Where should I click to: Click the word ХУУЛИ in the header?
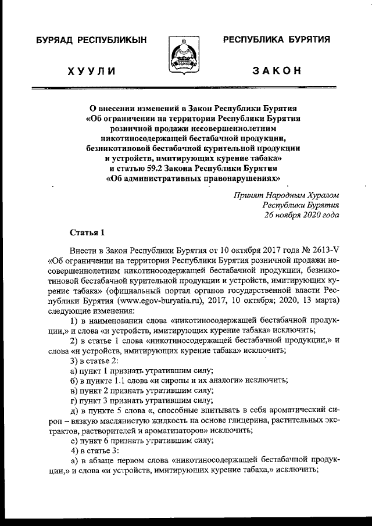pos(91,71)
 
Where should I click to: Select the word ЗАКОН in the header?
pos(276,71)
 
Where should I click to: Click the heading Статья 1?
pos(87,233)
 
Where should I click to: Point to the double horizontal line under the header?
pos(186,89)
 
